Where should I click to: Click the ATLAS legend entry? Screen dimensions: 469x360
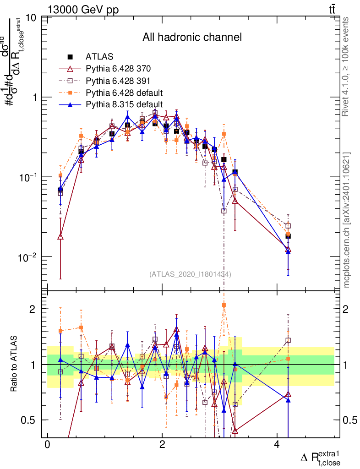[96, 57]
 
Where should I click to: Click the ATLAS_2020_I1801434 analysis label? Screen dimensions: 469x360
[190, 274]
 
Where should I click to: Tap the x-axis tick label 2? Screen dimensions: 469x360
[162, 445]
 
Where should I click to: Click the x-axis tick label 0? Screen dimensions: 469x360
[47, 445]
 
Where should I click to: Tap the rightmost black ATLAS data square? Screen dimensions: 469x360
[288, 236]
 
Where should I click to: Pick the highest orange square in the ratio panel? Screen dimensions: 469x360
[224, 305]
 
